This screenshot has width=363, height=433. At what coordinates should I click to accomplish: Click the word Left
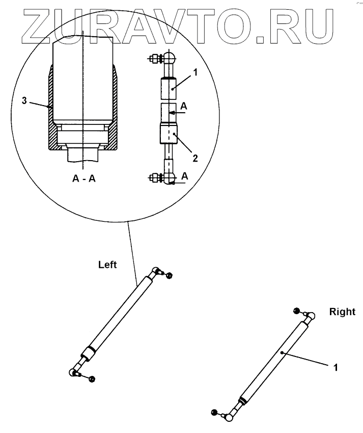(107, 265)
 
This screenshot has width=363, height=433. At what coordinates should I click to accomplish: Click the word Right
(342, 312)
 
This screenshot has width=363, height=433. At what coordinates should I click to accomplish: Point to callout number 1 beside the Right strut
(336, 366)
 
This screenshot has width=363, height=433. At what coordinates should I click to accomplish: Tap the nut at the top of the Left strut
(170, 275)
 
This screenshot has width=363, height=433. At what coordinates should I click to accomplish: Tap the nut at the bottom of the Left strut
(92, 378)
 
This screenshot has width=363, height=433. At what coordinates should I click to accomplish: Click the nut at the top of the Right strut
(296, 311)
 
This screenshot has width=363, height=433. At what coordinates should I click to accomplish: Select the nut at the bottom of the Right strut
(214, 412)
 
